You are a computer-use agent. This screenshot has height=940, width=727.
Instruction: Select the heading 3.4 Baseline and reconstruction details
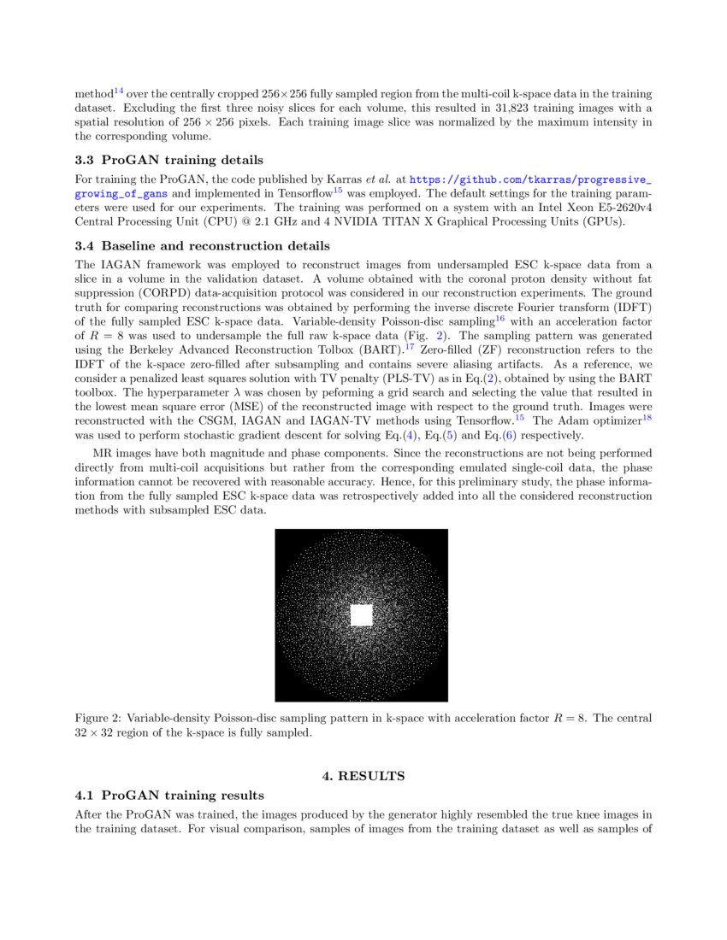202,245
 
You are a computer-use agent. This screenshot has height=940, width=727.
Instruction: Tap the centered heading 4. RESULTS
363,776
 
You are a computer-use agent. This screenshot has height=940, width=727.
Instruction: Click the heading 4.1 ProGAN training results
169,795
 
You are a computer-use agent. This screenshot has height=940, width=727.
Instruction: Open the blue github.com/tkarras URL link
530,180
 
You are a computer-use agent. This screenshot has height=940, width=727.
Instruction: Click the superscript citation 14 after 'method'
119,90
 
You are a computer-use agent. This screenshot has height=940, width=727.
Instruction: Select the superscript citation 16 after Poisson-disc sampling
500,319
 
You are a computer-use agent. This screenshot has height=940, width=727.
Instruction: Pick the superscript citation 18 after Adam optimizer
647,417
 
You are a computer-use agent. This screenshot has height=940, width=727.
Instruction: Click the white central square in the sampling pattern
361,615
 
